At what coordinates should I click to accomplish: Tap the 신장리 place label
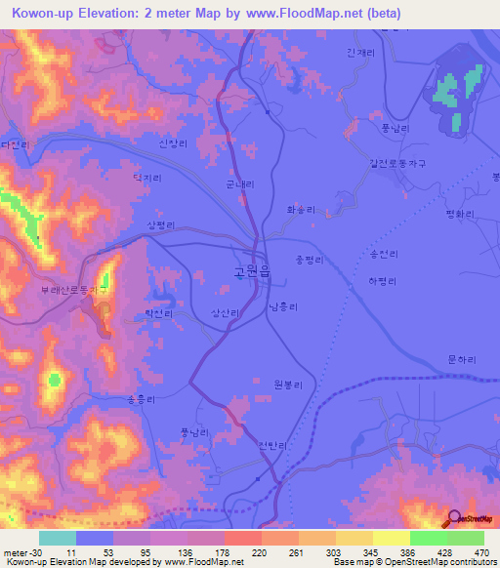coord(170,142)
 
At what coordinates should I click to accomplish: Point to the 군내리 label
coord(239,183)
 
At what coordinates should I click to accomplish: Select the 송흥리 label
coord(143,399)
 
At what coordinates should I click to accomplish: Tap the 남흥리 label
coord(283,306)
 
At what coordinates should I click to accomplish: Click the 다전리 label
coord(16,144)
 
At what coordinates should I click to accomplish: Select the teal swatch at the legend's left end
coord(57,538)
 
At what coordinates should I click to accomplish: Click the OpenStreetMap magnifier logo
coord(453,519)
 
